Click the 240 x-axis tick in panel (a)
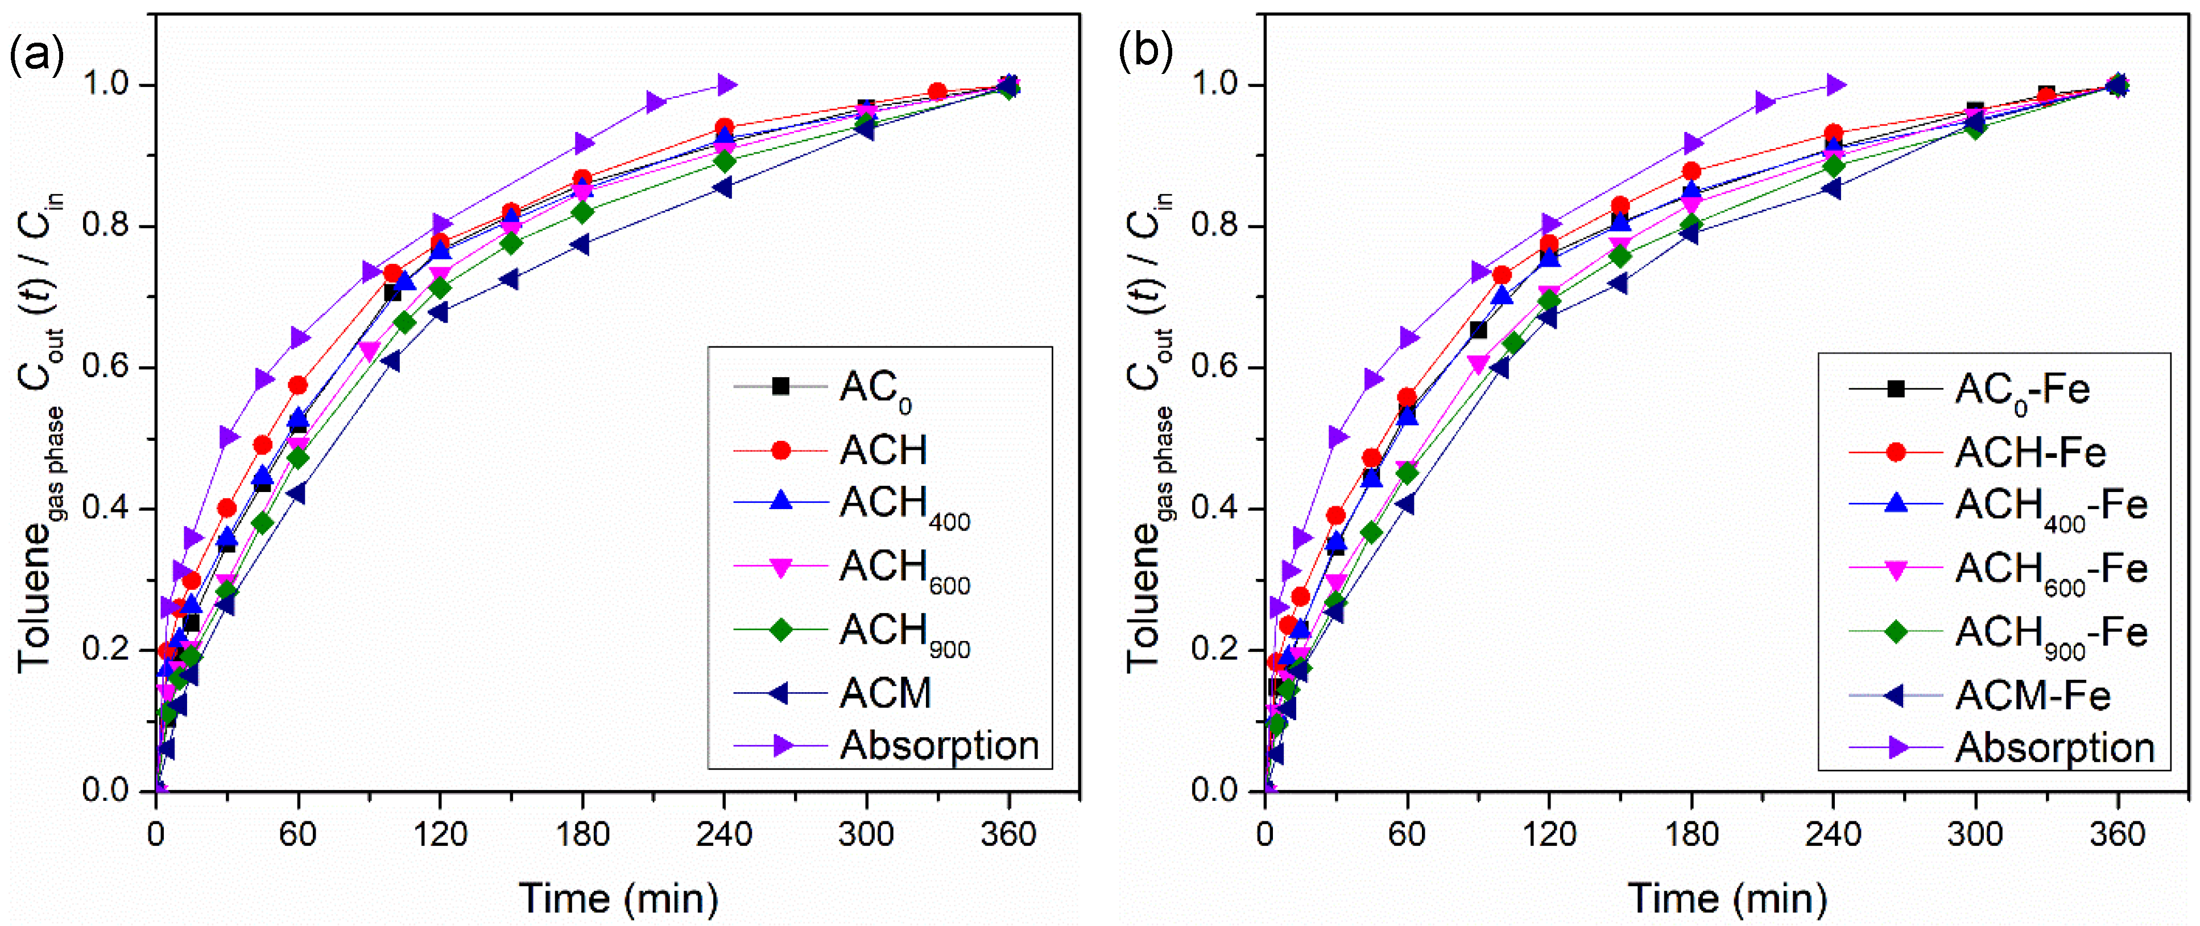point(723,834)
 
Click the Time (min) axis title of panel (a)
point(618,898)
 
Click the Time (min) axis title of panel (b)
point(1727,898)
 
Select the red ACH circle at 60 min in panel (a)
point(297,385)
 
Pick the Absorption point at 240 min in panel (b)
point(1835,85)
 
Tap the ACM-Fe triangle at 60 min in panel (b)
point(1405,505)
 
